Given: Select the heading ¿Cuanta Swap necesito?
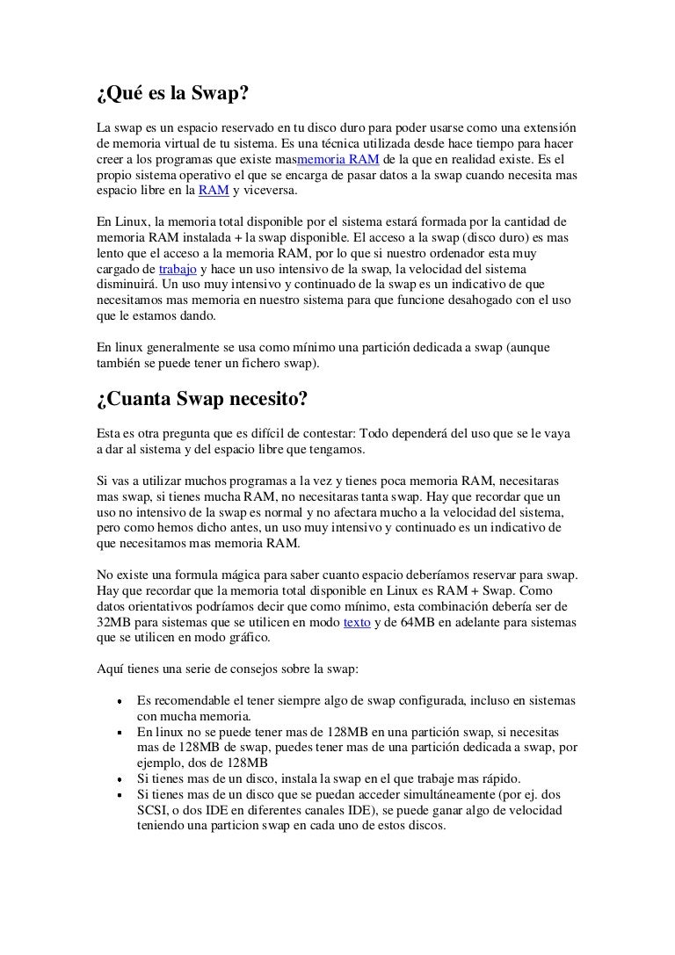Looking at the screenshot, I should click(201, 400).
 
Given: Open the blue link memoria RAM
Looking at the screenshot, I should click(339, 159).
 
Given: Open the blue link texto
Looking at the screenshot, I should click(356, 621).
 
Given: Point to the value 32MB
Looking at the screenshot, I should click(112, 621).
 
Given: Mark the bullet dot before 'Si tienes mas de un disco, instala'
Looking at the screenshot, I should click(118, 778).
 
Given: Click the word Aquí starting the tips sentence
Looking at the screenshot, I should click(111, 669).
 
